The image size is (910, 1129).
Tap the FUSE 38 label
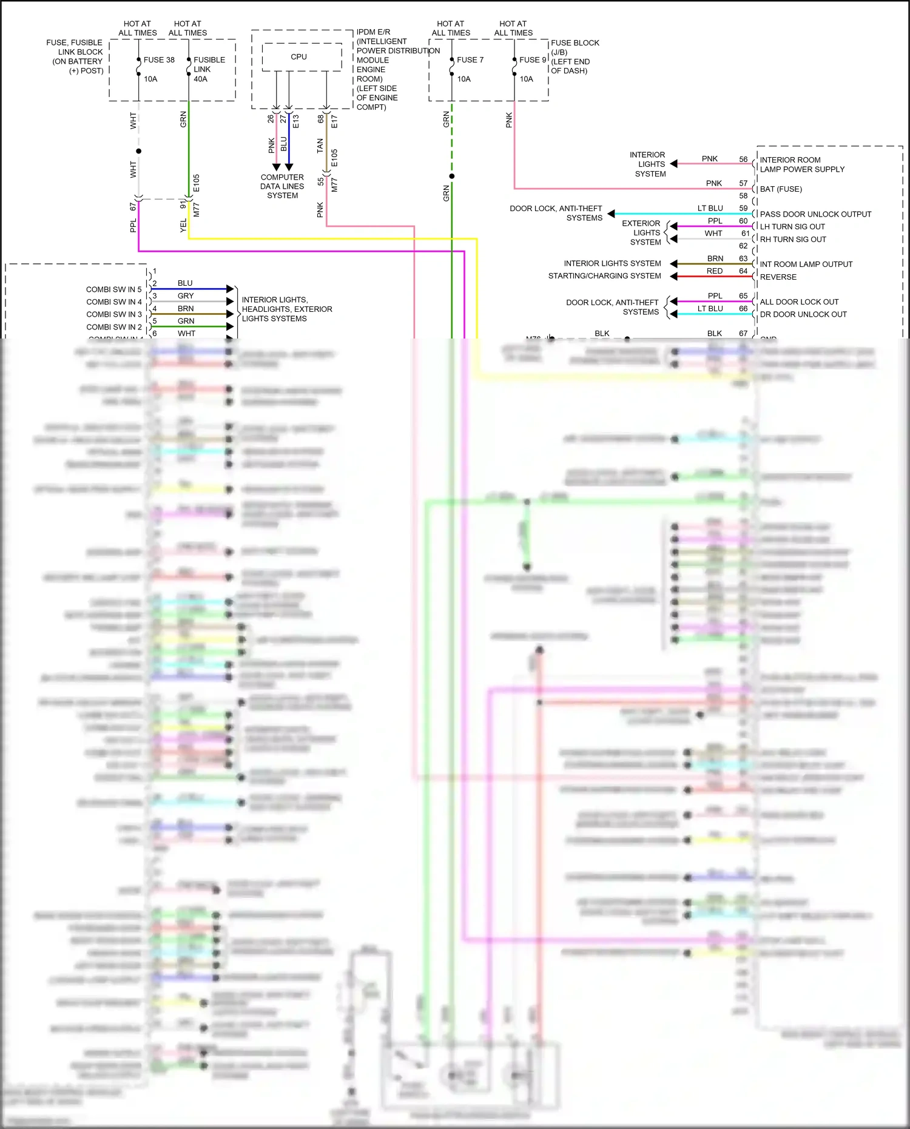pos(159,60)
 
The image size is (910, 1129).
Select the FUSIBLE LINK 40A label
pos(209,69)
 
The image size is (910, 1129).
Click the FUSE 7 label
pos(470,60)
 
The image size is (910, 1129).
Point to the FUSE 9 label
pos(533,60)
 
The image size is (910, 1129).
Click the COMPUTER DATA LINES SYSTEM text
pos(282,186)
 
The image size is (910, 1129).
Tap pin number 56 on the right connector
pos(743,160)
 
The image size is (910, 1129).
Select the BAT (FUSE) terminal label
pos(781,189)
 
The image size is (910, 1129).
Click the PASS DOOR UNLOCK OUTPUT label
pos(815,214)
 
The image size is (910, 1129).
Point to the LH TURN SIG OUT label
pos(792,227)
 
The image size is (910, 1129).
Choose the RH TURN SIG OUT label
pos(793,240)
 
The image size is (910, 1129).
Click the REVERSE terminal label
pos(778,277)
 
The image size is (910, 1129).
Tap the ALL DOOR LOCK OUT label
pos(799,302)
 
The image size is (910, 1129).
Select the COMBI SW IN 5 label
pos(113,290)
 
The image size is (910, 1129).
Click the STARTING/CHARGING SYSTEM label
pos(604,276)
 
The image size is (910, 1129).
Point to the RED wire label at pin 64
pos(715,271)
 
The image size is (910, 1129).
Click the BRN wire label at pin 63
pos(715,258)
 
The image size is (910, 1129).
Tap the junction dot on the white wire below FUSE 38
pos(139,151)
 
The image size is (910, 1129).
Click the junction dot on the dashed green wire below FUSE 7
pos(452,177)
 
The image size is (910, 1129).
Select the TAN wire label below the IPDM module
pos(320,146)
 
